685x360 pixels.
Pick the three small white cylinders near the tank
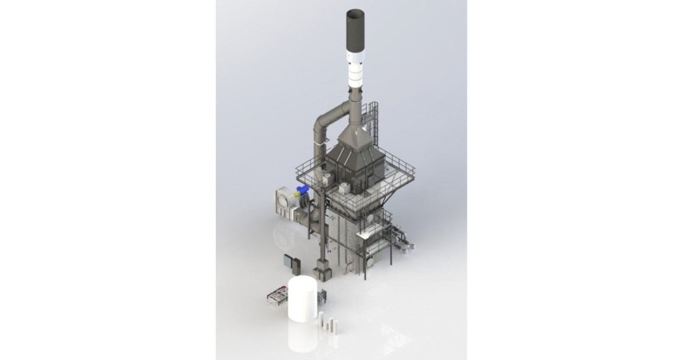pos(329,323)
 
